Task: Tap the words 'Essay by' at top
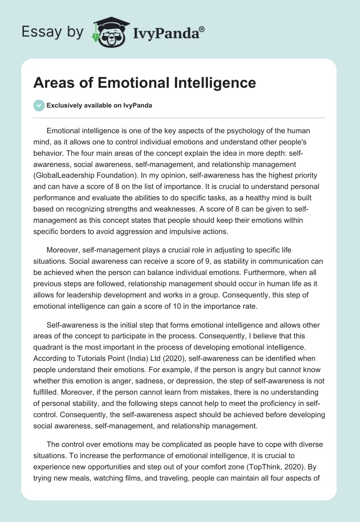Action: [53, 31]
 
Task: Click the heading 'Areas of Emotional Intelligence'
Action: [145, 83]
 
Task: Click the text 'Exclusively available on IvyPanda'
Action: [100, 105]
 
